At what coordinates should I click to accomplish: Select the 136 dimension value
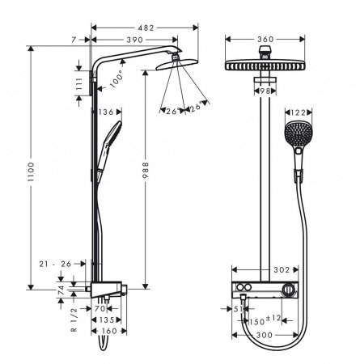(105, 112)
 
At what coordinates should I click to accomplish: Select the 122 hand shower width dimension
(299, 114)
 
